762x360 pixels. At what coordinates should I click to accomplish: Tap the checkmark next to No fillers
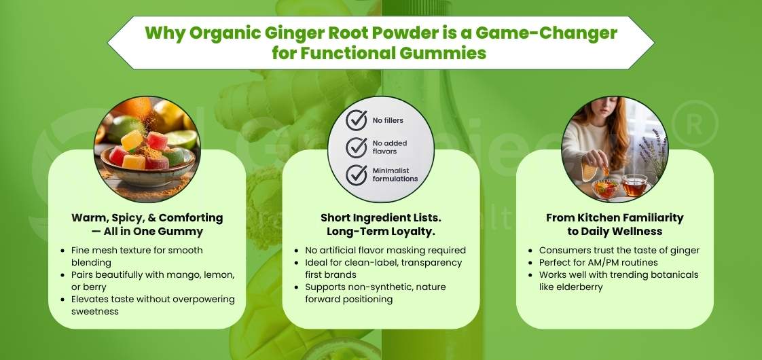[x=357, y=121]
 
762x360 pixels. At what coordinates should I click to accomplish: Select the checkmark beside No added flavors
[x=357, y=147]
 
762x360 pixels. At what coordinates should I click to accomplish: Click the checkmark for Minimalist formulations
[x=357, y=174]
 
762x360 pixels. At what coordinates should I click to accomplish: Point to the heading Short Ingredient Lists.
[x=380, y=218]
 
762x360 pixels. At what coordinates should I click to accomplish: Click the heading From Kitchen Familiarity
[x=615, y=218]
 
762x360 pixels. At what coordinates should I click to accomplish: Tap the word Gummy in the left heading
[x=183, y=232]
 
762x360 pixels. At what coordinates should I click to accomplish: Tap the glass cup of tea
[x=634, y=185]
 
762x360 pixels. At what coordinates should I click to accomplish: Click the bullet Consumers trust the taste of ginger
[x=619, y=250]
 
